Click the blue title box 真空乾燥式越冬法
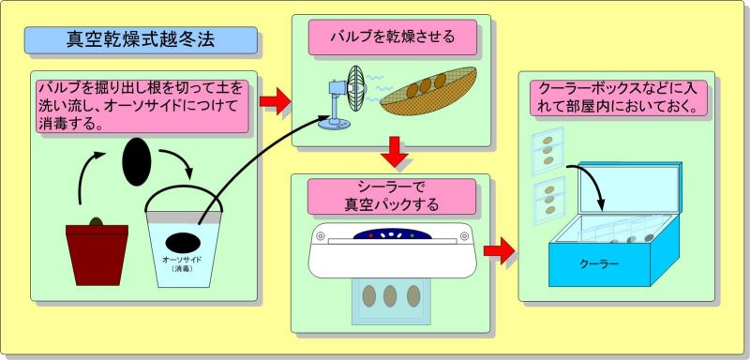coord(141,39)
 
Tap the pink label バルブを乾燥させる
coord(392,37)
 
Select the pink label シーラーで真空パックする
coord(392,197)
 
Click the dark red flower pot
coord(97,255)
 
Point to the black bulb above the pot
coord(136,161)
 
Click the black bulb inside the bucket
coord(183,243)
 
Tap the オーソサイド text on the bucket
coord(182,260)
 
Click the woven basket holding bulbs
coord(428,91)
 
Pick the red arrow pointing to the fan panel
coord(275,101)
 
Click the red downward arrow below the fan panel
coord(395,152)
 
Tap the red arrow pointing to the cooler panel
coord(500,251)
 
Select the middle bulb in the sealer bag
coord(390,296)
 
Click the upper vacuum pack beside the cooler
coord(547,150)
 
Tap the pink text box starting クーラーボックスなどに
coord(619,97)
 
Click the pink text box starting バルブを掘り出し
coord(142,106)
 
